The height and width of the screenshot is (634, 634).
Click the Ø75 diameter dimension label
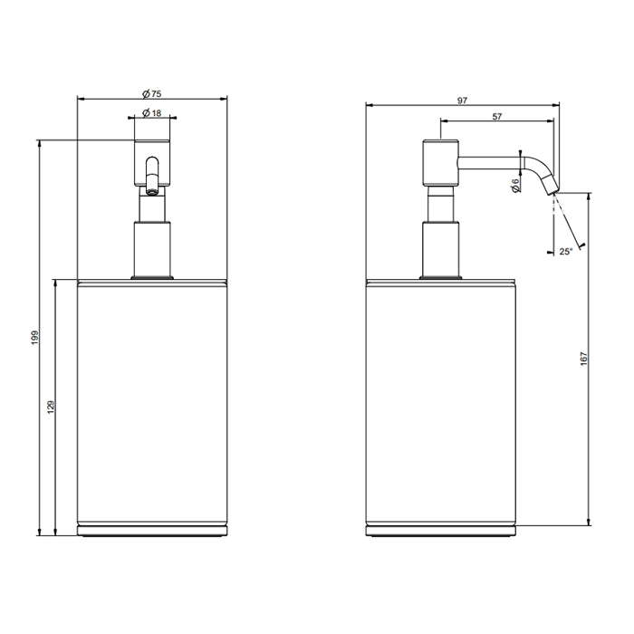(x=151, y=94)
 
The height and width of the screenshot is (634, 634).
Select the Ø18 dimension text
(x=151, y=113)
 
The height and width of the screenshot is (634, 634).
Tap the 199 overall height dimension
(x=35, y=338)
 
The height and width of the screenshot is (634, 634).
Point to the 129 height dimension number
(x=51, y=407)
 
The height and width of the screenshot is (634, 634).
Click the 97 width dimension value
(x=462, y=101)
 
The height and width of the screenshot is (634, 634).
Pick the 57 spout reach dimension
(x=497, y=117)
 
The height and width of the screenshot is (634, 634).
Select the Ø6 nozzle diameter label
(x=515, y=186)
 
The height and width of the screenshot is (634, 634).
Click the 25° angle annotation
(x=566, y=252)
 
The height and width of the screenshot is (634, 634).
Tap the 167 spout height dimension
(x=583, y=359)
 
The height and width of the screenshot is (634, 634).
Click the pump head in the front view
(x=152, y=163)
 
